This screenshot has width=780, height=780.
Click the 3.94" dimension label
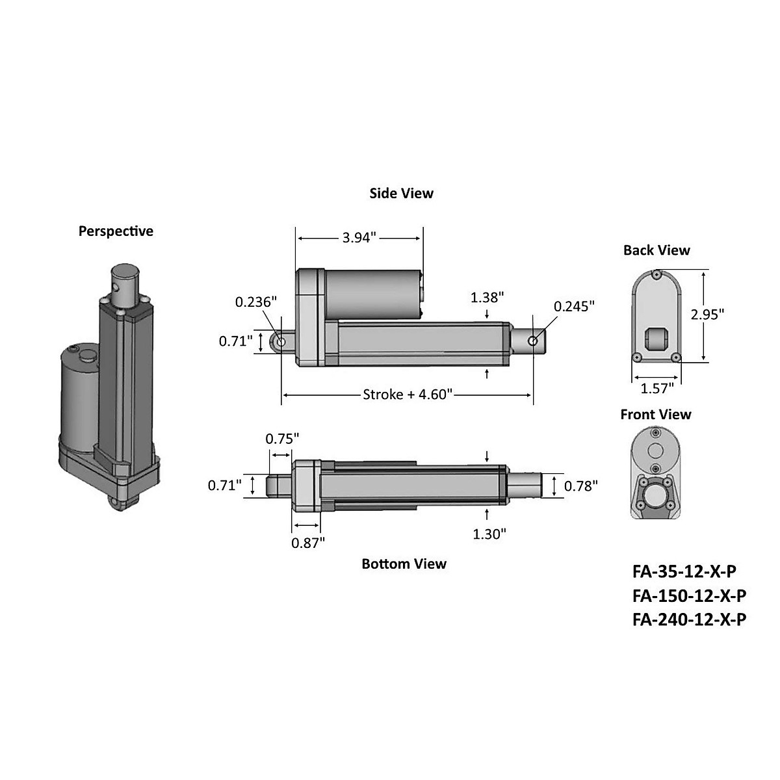point(359,238)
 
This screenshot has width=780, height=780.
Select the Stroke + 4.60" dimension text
point(407,395)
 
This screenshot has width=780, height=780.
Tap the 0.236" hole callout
point(255,302)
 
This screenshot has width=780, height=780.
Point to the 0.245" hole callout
point(574,306)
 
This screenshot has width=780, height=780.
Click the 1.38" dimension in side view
point(487,297)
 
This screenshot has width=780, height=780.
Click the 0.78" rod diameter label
point(580,486)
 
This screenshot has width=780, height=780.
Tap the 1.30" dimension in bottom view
point(489,534)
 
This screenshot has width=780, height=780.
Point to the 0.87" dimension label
point(307,543)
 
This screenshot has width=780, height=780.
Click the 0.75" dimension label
point(282,438)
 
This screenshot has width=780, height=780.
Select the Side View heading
point(401,193)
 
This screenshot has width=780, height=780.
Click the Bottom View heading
point(404,564)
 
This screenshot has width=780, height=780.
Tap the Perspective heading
point(116,231)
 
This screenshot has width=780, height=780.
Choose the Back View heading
point(656,250)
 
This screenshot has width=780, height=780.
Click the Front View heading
point(656,414)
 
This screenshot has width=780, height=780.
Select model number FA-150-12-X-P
point(689,595)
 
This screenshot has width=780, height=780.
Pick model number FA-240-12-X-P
point(689,619)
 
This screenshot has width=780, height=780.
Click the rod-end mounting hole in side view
point(533,341)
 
